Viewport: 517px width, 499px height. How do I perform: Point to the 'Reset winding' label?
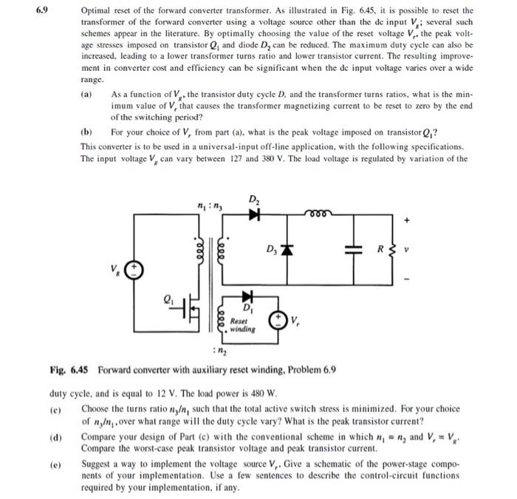(240, 325)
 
